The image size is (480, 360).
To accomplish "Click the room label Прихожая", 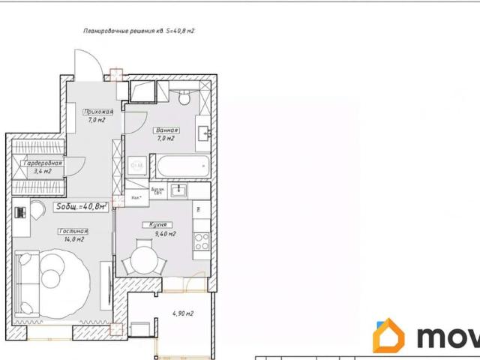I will tap(97, 112).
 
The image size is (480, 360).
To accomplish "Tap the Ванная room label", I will tap(166, 130).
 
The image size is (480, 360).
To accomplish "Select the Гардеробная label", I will tap(42, 163).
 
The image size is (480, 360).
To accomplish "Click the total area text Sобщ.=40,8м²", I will tap(81, 205).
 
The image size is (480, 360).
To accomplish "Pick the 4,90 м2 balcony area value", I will tap(183, 313).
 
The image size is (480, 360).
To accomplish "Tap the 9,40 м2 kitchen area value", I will tap(165, 233).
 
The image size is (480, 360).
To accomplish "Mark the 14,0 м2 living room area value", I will tap(73, 240).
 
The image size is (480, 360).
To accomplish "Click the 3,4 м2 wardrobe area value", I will tap(43, 171).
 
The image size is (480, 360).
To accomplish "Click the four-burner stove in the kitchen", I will tap(201, 241).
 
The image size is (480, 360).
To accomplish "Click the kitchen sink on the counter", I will tap(178, 190).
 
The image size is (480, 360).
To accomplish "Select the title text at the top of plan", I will tap(139, 31).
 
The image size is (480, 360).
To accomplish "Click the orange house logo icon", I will tap(389, 336).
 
